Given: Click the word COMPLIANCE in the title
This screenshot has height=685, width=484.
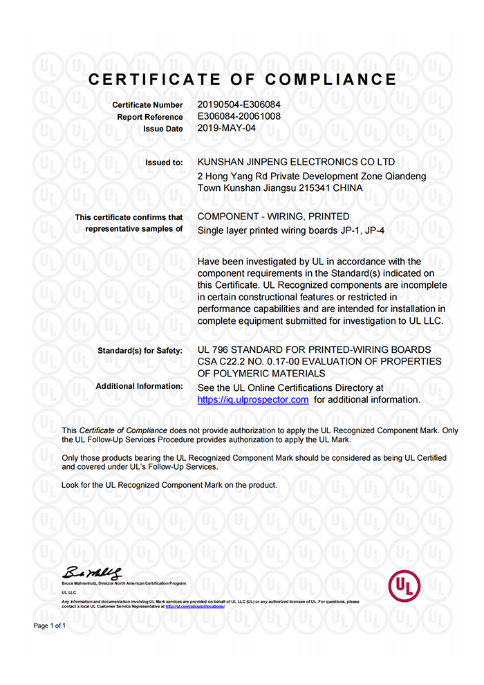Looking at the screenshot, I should tap(331, 80).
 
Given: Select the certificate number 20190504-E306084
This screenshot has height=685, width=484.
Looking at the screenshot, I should tap(239, 104).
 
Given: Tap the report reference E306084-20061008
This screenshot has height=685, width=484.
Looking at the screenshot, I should tap(239, 116).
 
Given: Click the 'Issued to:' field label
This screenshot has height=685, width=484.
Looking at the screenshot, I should tap(164, 163).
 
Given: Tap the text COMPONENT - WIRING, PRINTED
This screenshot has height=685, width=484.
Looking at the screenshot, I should tap(273, 217).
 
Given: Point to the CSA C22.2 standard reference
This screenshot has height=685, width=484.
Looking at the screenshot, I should tap(228, 362).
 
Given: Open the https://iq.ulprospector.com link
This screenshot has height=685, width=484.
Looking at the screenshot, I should tap(252, 400).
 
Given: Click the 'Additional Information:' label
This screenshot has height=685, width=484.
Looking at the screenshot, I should tap(139, 386).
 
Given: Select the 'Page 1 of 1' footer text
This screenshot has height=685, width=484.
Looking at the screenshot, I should tap(50, 625).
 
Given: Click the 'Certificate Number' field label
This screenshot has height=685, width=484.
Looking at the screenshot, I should tap(148, 105).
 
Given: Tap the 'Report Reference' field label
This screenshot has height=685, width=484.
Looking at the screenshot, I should tap(150, 117).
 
